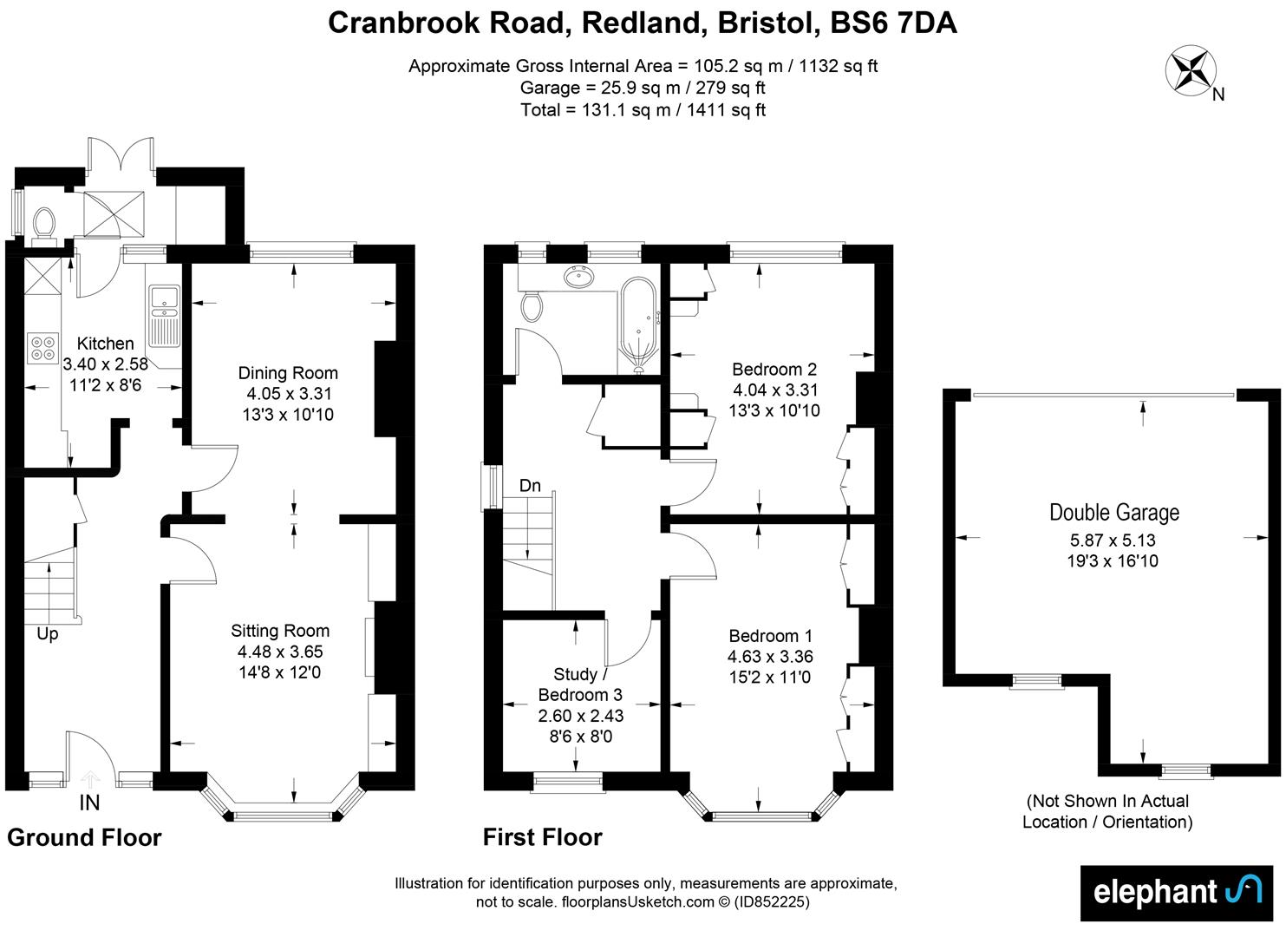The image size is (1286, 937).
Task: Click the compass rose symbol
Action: (1192, 70)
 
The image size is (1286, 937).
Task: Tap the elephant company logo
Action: (1171, 892)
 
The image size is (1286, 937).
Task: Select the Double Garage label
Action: (1113, 513)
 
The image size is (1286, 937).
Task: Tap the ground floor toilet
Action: (42, 223)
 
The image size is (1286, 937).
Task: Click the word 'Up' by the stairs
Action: (48, 634)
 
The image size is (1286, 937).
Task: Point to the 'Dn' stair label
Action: (530, 486)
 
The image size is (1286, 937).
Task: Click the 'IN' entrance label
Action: (89, 803)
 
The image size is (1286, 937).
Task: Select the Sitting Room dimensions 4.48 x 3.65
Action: (280, 652)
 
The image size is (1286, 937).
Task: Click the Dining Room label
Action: (288, 373)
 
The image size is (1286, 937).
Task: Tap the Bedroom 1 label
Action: (770, 636)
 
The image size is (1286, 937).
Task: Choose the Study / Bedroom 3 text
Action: (579, 685)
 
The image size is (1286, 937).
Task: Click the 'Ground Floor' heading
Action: (84, 837)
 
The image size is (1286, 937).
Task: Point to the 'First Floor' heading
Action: (542, 837)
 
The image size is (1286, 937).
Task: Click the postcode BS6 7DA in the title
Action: (893, 23)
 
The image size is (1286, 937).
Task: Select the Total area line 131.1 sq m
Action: (643, 110)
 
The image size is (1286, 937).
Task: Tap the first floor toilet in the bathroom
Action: (531, 306)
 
